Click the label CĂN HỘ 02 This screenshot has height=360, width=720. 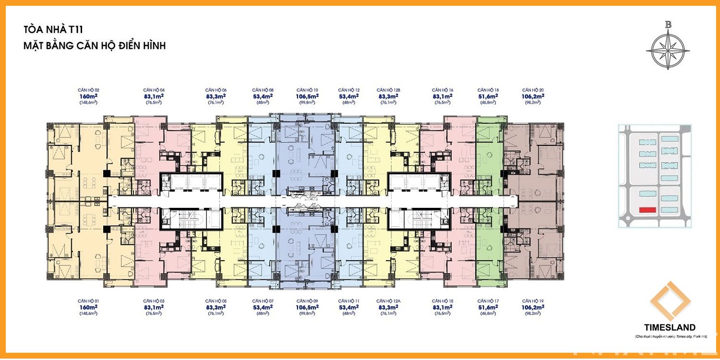click(88, 90)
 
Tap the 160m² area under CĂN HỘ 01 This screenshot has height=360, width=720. click(88, 307)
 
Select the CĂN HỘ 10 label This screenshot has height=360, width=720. click(307, 90)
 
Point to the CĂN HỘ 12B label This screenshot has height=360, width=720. click(388, 90)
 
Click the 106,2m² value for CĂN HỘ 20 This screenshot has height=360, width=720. click(533, 96)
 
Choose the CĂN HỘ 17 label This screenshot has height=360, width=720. click(488, 301)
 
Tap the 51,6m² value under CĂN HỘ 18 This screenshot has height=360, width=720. click(488, 96)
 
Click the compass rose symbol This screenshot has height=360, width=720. click(668, 49)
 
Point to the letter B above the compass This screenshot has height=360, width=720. click(668, 25)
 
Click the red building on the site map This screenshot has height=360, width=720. click(648, 210)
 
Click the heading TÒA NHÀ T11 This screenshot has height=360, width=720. click(53, 30)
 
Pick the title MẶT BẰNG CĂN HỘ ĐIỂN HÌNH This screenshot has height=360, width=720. click(95, 46)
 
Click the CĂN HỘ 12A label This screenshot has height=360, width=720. click(388, 301)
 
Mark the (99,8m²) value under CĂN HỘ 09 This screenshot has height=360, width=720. click(307, 313)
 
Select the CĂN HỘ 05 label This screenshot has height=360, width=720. click(216, 301)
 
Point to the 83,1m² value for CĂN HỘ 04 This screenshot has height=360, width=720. click(154, 96)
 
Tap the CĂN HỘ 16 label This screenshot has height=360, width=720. click(443, 90)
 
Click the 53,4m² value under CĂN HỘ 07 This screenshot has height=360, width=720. click(263, 307)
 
